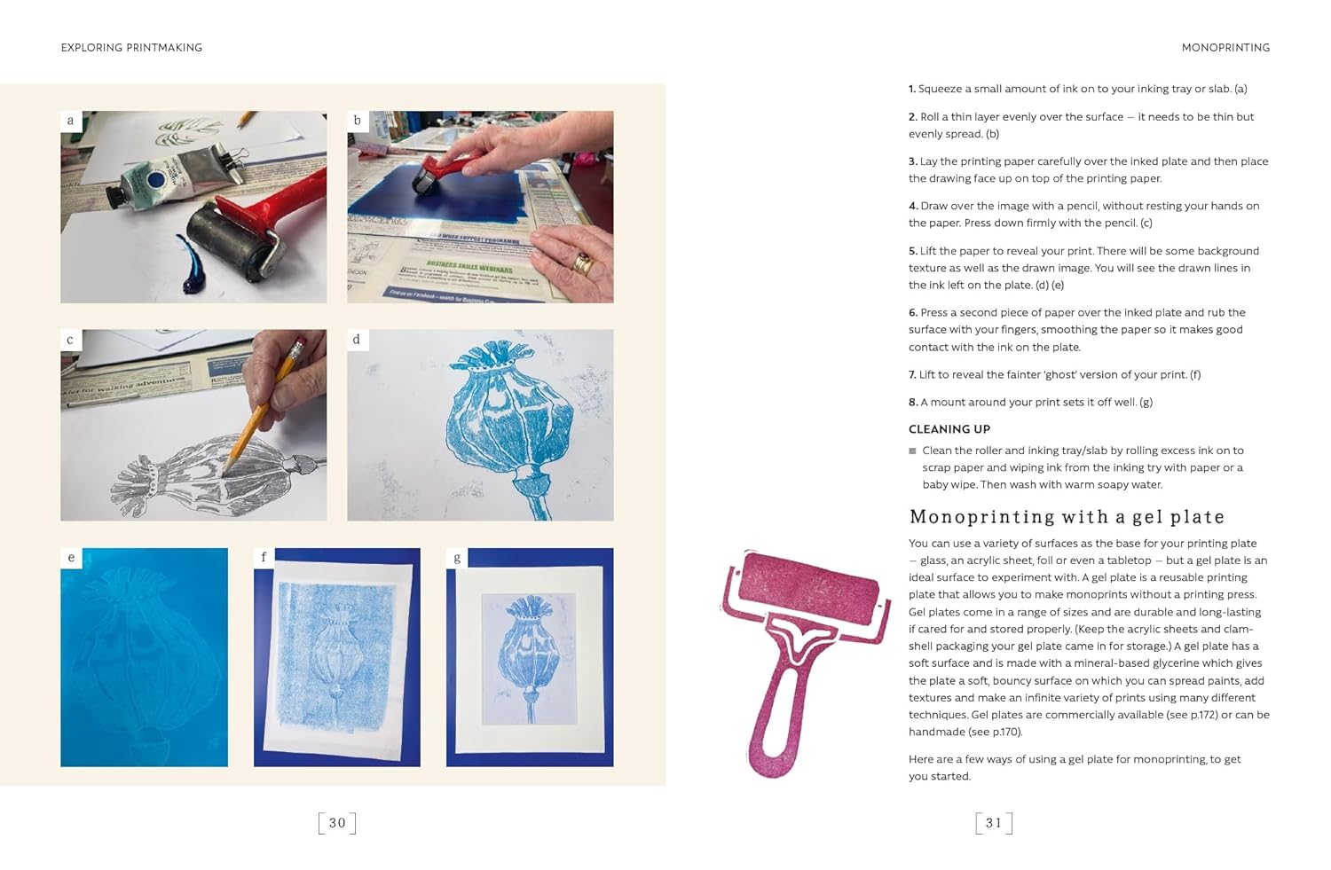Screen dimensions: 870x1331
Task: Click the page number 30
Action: coord(337,823)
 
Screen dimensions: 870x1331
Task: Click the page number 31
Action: coord(993,823)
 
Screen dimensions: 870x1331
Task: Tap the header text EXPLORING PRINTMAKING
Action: coord(131,48)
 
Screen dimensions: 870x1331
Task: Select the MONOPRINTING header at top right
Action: coord(1225,48)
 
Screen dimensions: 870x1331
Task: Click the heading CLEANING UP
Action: coord(949,429)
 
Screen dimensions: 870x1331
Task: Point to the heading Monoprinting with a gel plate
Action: coord(1067,517)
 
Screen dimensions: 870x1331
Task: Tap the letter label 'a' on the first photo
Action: coord(71,121)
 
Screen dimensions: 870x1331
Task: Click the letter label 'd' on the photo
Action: coord(357,340)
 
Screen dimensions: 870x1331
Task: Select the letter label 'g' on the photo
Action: coord(457,558)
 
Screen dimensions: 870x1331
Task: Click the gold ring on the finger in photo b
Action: coord(582,263)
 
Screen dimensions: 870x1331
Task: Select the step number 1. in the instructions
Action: coord(912,90)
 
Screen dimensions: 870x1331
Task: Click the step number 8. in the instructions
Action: coord(913,403)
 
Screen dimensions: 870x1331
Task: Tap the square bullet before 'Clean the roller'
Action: coord(912,451)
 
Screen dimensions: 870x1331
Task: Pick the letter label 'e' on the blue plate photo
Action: coord(71,558)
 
